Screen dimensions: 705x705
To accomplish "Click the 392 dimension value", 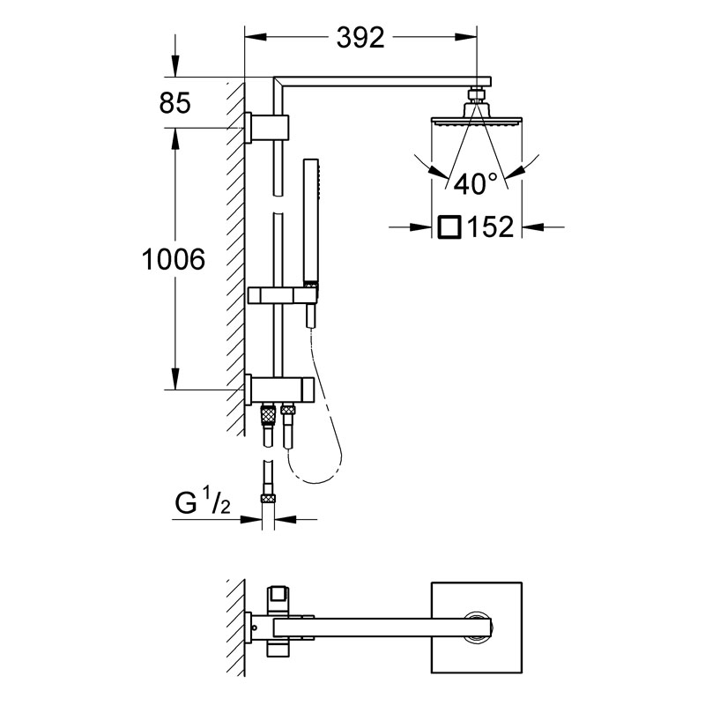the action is coord(360,37).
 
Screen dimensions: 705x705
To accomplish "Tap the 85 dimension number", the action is coord(174,102).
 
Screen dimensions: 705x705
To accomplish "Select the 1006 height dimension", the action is coord(174,259).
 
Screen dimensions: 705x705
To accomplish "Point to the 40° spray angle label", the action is coord(476,183).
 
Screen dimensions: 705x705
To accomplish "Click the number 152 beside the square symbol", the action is coord(491,227).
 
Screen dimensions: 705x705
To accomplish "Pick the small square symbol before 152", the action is coord(449,226).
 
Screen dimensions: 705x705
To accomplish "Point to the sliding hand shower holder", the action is coord(283,295).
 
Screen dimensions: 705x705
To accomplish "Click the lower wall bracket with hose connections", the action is coord(279,390).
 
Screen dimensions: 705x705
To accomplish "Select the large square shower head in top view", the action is coord(477,627).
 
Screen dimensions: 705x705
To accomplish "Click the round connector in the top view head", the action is coord(479,627).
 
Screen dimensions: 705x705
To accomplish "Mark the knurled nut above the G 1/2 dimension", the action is coord(268,498).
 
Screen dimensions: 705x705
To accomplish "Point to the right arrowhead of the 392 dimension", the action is coord(466,37).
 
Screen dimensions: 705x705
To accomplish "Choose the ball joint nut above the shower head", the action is coord(477,95).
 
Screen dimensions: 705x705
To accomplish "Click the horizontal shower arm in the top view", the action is coord(383,627).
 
